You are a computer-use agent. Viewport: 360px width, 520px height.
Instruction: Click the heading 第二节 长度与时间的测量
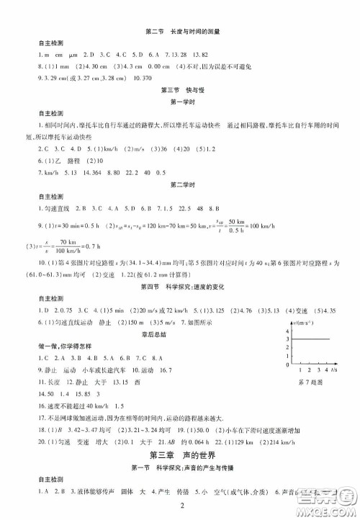click(181, 32)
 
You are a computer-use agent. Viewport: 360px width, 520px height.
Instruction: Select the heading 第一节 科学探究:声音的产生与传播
click(181, 470)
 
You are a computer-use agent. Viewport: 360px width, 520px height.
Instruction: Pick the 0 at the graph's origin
click(287, 365)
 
